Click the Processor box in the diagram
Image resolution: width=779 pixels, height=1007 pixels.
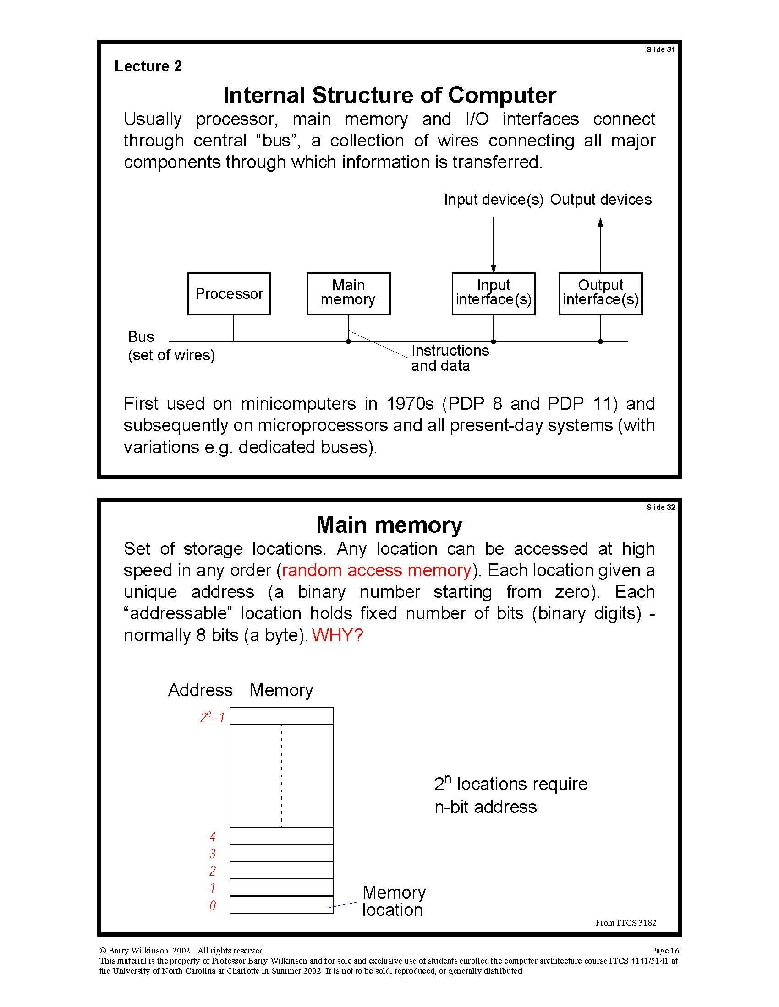(x=229, y=294)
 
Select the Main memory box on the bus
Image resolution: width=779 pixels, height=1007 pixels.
(x=348, y=294)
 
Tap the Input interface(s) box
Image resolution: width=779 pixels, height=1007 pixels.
(x=494, y=294)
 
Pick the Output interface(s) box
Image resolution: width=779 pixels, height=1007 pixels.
(x=600, y=294)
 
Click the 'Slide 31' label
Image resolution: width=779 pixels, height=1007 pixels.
(x=660, y=50)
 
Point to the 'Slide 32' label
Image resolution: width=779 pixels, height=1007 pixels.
(x=660, y=507)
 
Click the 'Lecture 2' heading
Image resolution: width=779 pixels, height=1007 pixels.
(x=148, y=66)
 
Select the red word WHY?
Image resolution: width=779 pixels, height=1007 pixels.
(x=337, y=635)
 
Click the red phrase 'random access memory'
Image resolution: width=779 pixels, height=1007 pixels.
(x=376, y=570)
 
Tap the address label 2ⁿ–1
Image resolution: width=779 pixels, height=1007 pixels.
(x=212, y=717)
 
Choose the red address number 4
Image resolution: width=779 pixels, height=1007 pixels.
(x=213, y=836)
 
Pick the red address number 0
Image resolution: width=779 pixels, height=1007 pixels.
(x=213, y=905)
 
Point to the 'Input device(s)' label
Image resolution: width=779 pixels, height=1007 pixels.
(x=494, y=200)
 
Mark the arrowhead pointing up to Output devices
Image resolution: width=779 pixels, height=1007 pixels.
(x=600, y=223)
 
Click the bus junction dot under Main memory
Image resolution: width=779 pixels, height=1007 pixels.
(x=348, y=341)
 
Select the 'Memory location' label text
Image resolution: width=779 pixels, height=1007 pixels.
(x=394, y=901)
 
